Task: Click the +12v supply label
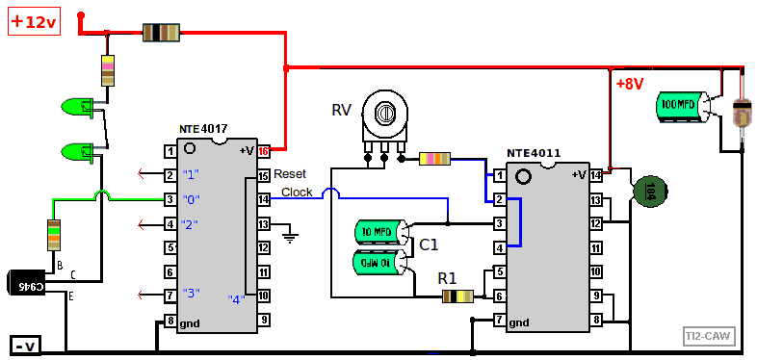tap(35, 22)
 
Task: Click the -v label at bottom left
tap(24, 345)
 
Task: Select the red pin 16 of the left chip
tap(263, 150)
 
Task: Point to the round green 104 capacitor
tap(650, 190)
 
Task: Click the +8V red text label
tap(629, 84)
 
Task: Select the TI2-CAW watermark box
tap(708, 336)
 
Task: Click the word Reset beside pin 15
tap(290, 174)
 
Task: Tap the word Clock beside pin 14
tap(297, 193)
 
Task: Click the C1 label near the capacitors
tap(429, 244)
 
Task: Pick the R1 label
tap(447, 278)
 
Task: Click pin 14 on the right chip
tap(595, 175)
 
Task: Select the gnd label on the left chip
tap(190, 323)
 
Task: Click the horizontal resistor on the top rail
tap(161, 33)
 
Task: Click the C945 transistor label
tap(32, 286)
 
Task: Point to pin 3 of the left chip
tap(170, 199)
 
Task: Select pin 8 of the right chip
tap(595, 320)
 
